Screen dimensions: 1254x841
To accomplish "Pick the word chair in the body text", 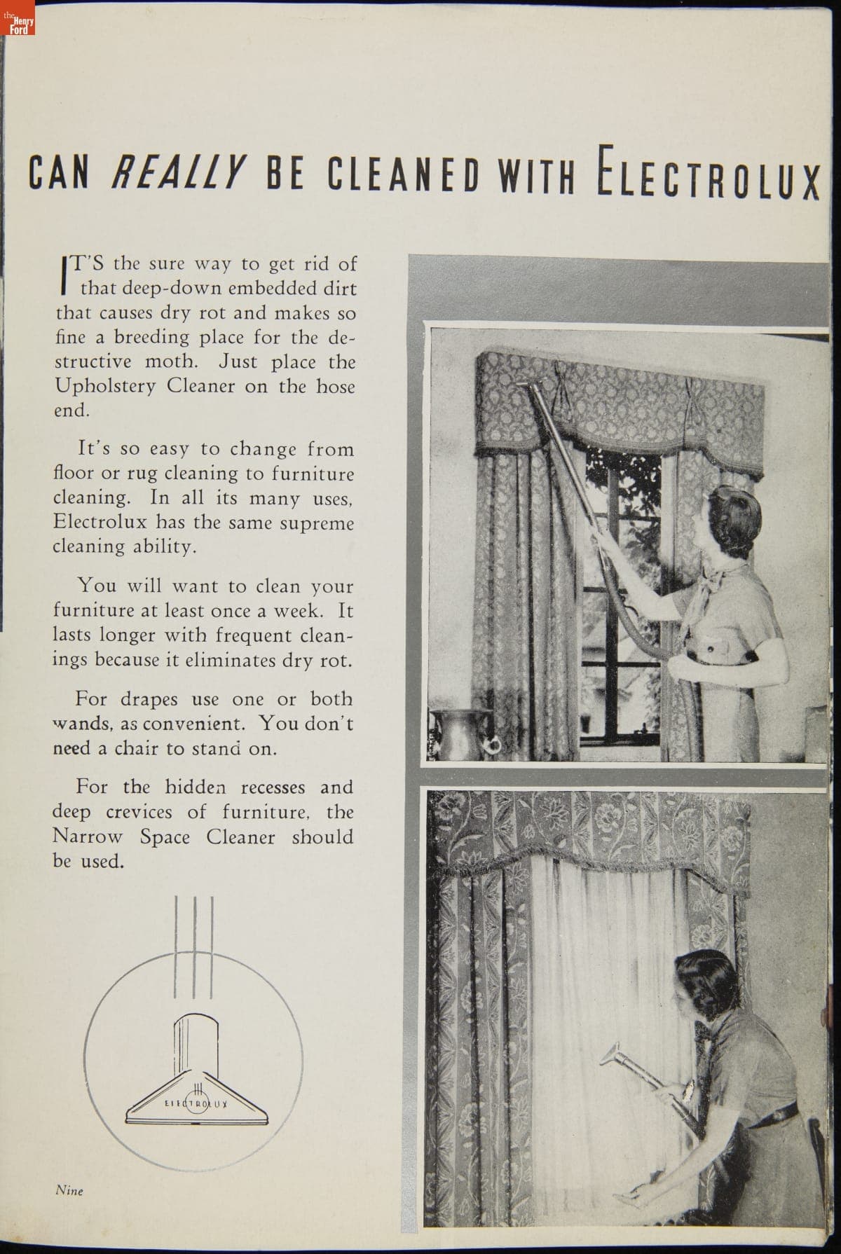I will click(137, 748).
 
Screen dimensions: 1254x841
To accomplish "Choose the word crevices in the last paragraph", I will click(139, 813).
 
